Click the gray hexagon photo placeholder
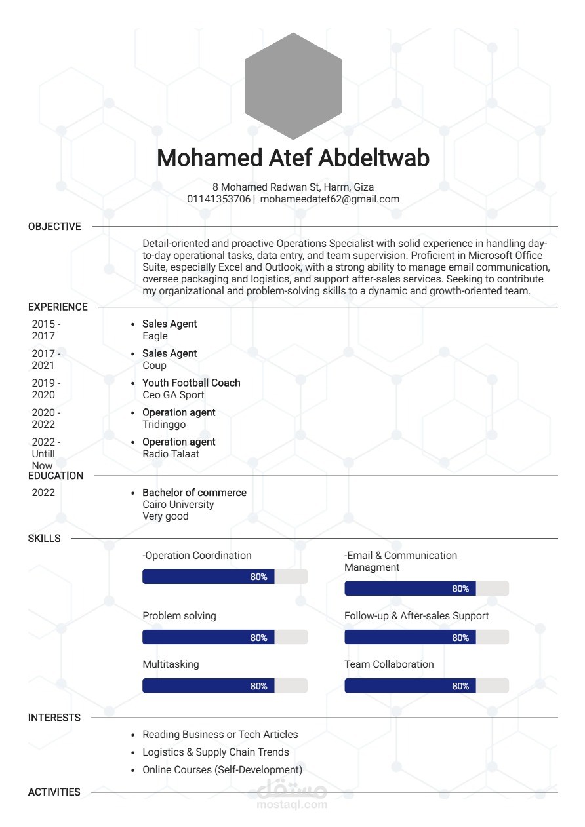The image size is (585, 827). [292, 86]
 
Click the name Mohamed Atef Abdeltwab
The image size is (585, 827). [292, 159]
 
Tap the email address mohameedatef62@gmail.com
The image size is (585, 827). [329, 199]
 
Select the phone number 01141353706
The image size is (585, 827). [218, 199]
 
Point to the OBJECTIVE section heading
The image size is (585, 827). [54, 227]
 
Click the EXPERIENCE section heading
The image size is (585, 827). [58, 307]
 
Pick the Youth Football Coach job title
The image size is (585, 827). [192, 383]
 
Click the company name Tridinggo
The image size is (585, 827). [164, 425]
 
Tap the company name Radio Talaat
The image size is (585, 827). [171, 454]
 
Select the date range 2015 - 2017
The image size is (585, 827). [46, 330]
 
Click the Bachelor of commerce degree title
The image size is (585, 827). [194, 493]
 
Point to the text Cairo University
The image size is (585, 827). [178, 505]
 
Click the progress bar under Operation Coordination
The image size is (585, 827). [224, 577]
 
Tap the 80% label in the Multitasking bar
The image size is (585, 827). [258, 686]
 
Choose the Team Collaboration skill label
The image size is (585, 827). [389, 664]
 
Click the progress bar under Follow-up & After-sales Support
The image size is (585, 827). [426, 637]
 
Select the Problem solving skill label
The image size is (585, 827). [179, 616]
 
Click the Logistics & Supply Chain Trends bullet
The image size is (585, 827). [216, 752]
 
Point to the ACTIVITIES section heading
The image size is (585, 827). [54, 792]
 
